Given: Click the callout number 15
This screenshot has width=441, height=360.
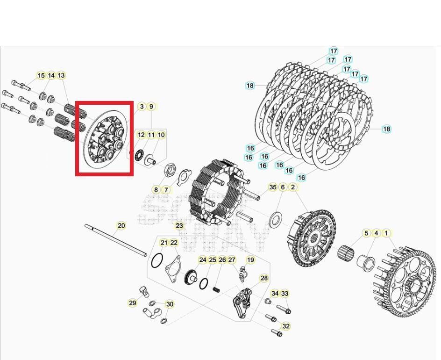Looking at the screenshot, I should [x=41, y=76].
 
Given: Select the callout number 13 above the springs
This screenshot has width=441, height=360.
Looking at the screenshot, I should [x=61, y=76].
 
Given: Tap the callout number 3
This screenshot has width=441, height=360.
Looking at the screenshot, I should [x=142, y=107].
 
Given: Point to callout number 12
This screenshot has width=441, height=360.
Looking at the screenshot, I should [x=141, y=135].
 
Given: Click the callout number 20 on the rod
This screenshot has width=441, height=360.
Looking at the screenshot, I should [x=121, y=226].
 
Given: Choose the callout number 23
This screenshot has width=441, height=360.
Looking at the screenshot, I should [x=179, y=226].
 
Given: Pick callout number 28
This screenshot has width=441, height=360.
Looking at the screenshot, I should [x=264, y=278].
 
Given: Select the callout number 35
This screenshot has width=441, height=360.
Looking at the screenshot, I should [x=273, y=187].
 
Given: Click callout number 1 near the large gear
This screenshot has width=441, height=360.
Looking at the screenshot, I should [x=386, y=233].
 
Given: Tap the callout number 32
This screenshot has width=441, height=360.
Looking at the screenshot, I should [x=286, y=326].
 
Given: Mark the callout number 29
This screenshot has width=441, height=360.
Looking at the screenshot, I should [x=133, y=303].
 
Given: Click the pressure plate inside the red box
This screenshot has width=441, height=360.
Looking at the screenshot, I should [x=105, y=139].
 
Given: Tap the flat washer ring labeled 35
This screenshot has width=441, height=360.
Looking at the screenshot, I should [x=276, y=217].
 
